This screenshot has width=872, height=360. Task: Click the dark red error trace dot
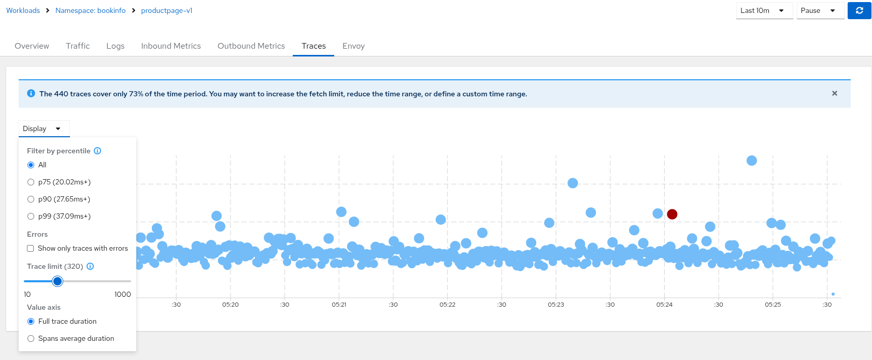coord(672,214)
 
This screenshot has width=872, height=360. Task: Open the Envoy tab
coord(353,46)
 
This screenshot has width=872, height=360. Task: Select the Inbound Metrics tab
coord(170,46)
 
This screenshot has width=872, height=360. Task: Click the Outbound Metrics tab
coord(251,46)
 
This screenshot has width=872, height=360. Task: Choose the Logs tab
coord(115,46)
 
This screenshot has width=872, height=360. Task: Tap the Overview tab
coord(32,46)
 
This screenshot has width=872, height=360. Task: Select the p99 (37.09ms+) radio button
coord(31,217)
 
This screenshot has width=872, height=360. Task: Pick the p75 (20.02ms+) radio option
coord(31,182)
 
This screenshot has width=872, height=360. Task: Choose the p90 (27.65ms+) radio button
coord(31,199)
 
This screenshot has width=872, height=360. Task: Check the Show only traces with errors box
coord(31,249)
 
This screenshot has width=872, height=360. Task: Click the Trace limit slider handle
coord(58,281)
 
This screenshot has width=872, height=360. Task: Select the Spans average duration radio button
coord(31,339)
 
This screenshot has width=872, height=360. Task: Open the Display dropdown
coord(44,128)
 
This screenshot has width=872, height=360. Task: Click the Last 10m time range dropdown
coord(764,10)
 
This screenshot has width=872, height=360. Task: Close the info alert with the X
coord(834,93)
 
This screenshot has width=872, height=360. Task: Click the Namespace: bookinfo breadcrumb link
coord(90,10)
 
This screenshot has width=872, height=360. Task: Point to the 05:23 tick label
coord(555,305)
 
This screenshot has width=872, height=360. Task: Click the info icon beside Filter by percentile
coord(97,151)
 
